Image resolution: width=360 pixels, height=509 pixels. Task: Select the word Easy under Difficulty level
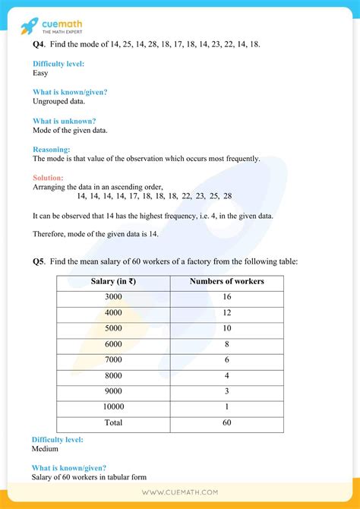click(x=41, y=74)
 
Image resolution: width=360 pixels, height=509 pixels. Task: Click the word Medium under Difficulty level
click(x=45, y=449)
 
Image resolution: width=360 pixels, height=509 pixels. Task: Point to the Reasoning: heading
click(x=52, y=150)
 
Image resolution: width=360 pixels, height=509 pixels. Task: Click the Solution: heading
click(x=50, y=178)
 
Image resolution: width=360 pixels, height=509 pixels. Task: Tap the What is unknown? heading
click(x=64, y=121)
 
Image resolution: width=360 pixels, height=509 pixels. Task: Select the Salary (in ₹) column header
click(x=113, y=282)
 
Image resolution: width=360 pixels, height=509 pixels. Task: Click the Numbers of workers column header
click(x=226, y=282)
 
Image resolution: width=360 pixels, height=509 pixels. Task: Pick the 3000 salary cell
click(x=113, y=297)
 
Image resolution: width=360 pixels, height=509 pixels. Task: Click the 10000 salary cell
click(x=113, y=407)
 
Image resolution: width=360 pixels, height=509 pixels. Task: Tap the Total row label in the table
click(x=113, y=423)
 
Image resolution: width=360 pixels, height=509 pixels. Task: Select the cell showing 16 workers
click(x=226, y=297)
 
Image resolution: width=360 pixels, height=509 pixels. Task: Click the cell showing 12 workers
click(x=226, y=313)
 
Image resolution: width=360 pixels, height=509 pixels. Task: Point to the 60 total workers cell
click(x=226, y=423)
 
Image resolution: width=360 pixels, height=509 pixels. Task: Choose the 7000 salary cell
click(x=113, y=360)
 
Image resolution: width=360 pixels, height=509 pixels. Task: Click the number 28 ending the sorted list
click(x=228, y=196)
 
